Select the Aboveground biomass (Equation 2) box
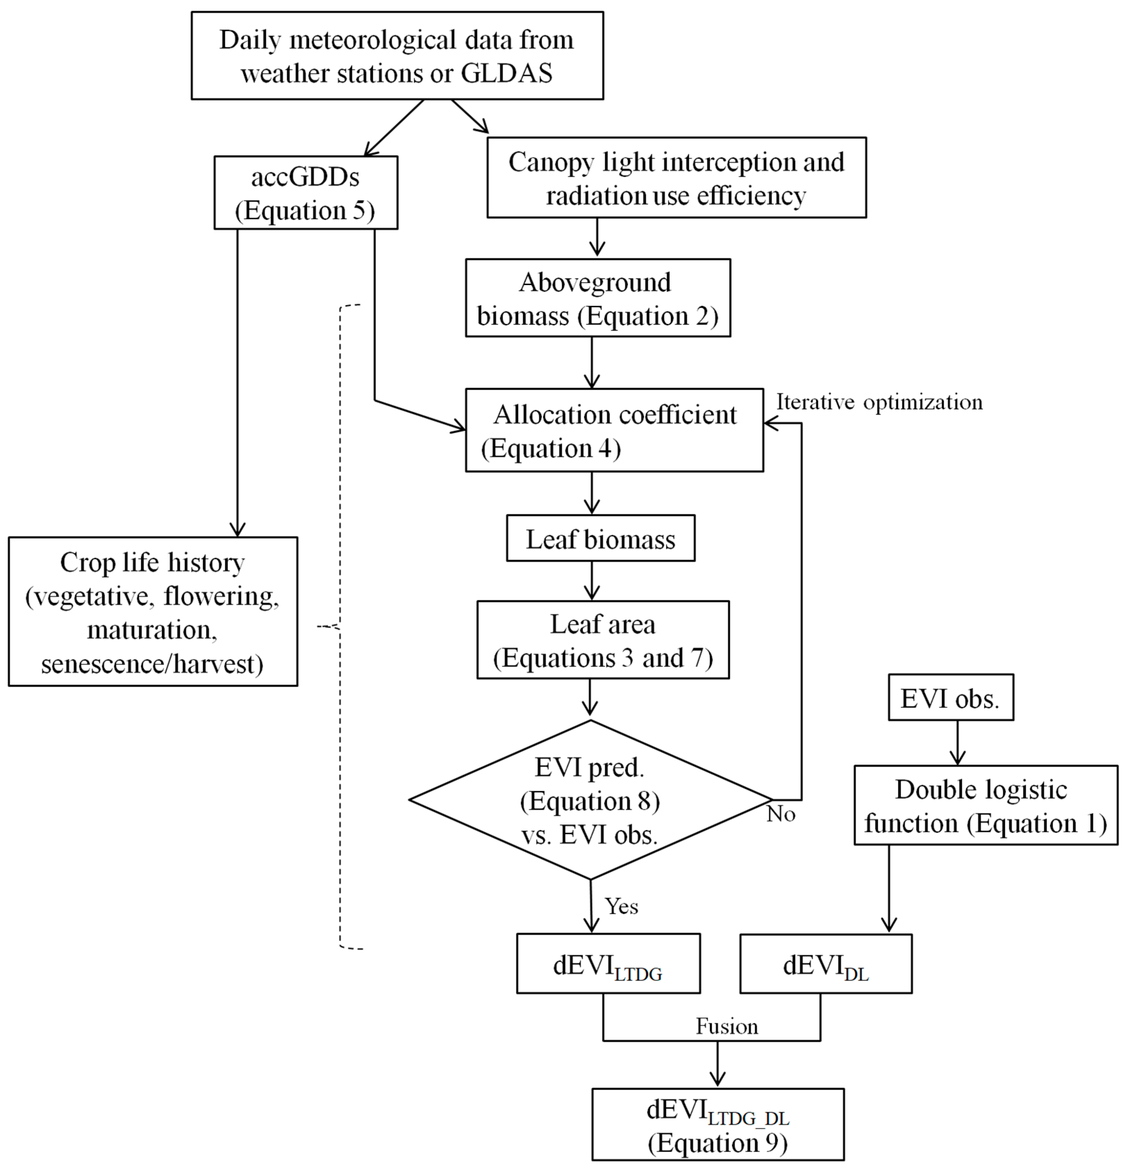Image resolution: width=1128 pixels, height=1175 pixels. pos(598,298)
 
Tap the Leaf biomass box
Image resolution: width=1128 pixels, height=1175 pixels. pos(601,538)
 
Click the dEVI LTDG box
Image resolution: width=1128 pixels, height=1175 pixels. pos(608,964)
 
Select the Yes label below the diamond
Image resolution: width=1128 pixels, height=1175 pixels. pos(621,907)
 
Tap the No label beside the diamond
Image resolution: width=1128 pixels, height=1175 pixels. pos(780,814)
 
